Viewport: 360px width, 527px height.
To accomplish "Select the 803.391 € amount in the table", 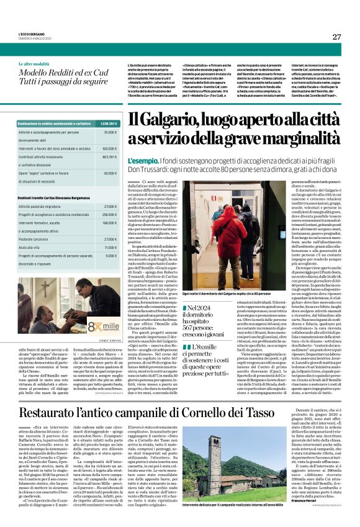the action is pyautogui.click(x=109, y=157).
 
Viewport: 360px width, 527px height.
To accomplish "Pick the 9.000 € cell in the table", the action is pyautogui.click(x=110, y=254).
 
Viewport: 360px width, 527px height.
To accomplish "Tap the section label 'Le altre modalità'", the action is pyautogui.click(x=33, y=64).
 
